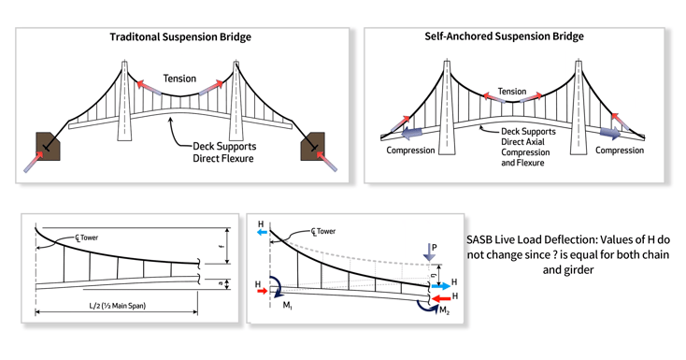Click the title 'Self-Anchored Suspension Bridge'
(x=514, y=36)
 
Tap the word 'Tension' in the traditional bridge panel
(x=179, y=79)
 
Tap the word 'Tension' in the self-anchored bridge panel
(x=511, y=92)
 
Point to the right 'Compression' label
(x=620, y=150)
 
